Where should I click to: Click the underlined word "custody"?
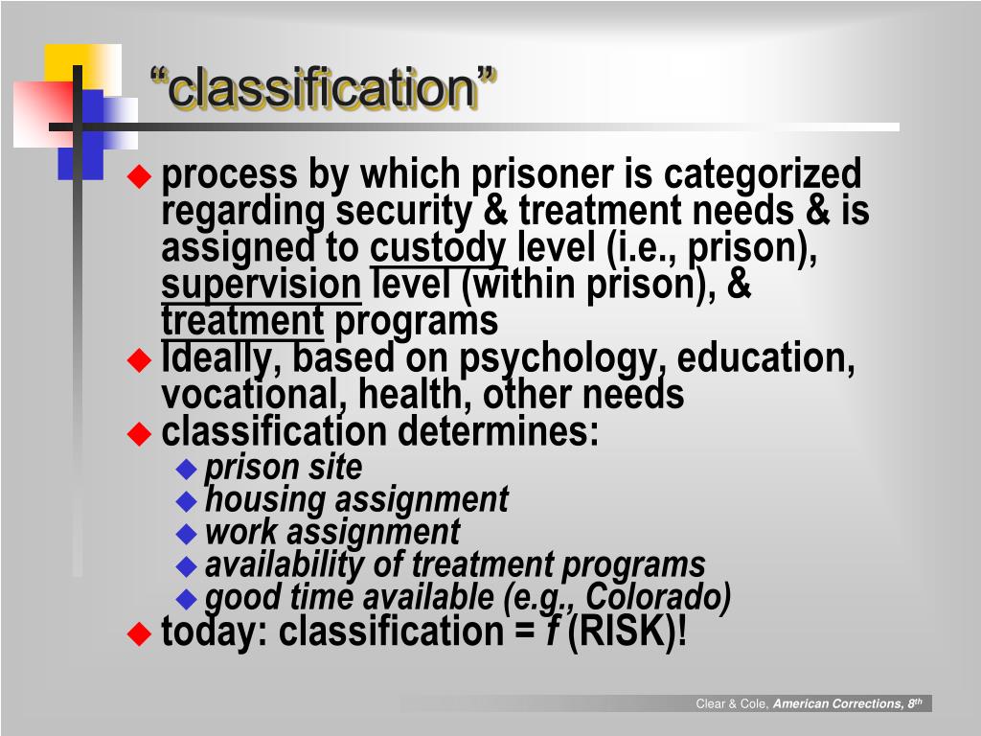click(438, 248)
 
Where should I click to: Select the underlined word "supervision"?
click(260, 285)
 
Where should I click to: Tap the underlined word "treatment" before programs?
click(242, 320)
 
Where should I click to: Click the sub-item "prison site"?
click(284, 468)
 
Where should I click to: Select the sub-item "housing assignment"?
click(356, 499)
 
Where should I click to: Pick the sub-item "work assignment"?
click(332, 532)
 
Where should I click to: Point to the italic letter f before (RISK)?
click(553, 632)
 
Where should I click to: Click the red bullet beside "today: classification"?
click(140, 632)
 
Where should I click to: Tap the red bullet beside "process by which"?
click(140, 175)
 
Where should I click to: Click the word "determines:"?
click(498, 431)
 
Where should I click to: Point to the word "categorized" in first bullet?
click(763, 175)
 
